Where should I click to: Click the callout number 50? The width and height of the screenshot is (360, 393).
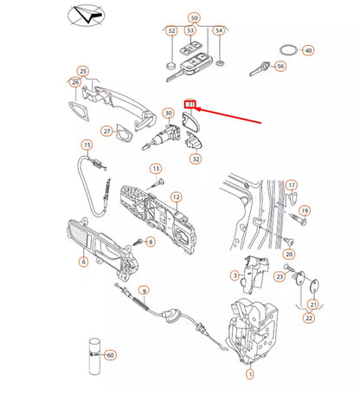pyautogui.click(x=195, y=18)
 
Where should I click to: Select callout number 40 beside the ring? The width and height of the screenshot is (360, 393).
pyautogui.click(x=308, y=50)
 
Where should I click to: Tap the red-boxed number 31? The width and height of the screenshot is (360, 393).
pyautogui.click(x=190, y=105)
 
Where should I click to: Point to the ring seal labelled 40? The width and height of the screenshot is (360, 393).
pyautogui.click(x=288, y=50)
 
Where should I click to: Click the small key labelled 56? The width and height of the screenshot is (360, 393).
pyautogui.click(x=260, y=68)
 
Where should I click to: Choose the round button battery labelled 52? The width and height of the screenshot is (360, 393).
pyautogui.click(x=172, y=65)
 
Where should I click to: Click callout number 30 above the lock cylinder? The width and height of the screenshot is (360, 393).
pyautogui.click(x=169, y=113)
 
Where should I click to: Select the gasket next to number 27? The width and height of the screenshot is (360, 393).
pyautogui.click(x=125, y=133)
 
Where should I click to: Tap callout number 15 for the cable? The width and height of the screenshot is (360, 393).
pyautogui.click(x=87, y=145)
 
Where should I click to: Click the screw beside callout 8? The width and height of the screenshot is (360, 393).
pyautogui.click(x=138, y=242)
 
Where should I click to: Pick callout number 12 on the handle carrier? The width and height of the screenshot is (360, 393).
pyautogui.click(x=177, y=197)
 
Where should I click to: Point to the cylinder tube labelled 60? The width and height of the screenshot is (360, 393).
pyautogui.click(x=94, y=357)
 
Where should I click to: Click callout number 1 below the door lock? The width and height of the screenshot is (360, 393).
pyautogui.click(x=250, y=374)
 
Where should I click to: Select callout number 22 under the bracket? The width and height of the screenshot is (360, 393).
pyautogui.click(x=309, y=318)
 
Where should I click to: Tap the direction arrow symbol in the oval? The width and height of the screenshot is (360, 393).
pyautogui.click(x=87, y=16)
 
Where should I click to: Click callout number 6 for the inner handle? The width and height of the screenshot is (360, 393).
pyautogui.click(x=84, y=261)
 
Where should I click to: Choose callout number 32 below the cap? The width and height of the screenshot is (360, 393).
pyautogui.click(x=196, y=159)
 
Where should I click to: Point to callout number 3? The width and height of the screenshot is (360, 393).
pyautogui.click(x=235, y=275)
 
